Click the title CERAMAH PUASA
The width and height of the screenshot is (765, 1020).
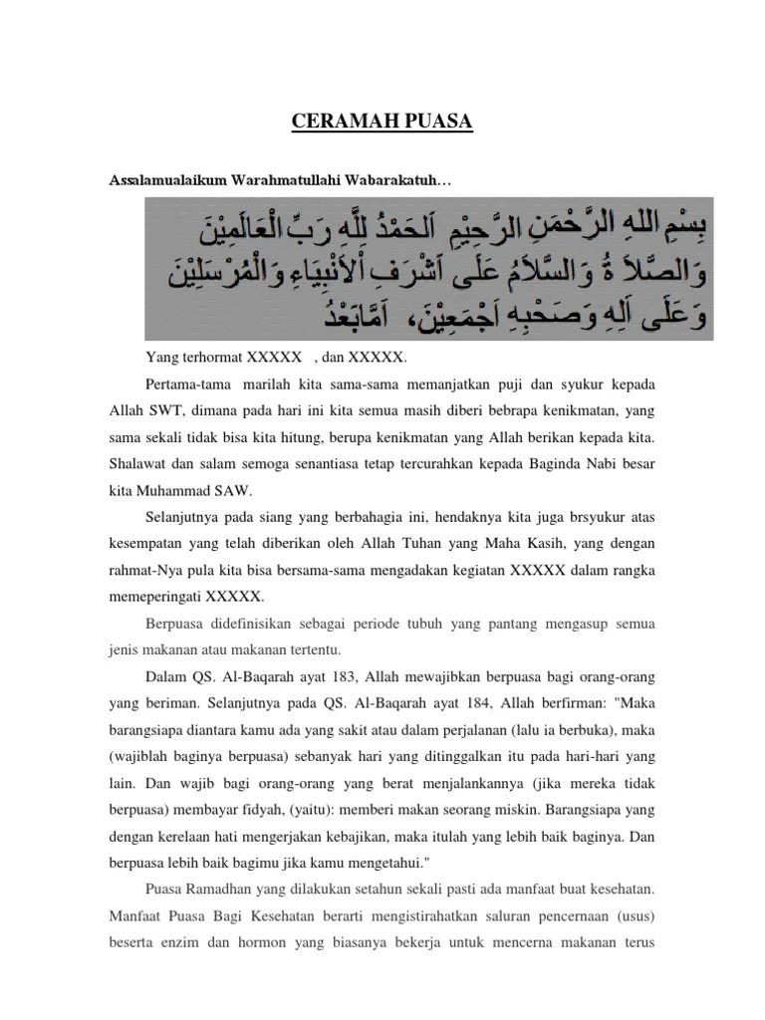tap(382, 123)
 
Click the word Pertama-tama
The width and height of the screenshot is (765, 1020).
tap(184, 384)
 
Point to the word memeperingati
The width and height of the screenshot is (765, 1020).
tap(152, 598)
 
